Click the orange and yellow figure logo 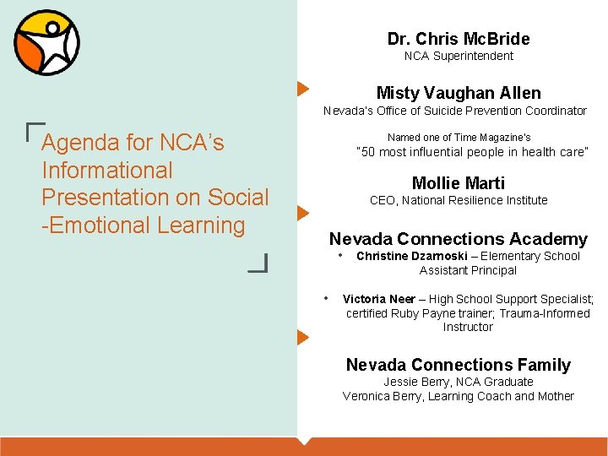coord(46,42)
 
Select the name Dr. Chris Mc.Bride coord(459,39)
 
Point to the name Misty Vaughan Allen coord(459,93)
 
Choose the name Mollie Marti coord(459,183)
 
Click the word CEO coord(383,201)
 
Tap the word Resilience coord(482,201)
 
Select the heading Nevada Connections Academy coord(459,239)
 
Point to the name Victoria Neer coord(379,299)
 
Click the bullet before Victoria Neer coord(327,298)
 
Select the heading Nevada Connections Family coord(459,365)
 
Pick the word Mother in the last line coord(556,396)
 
